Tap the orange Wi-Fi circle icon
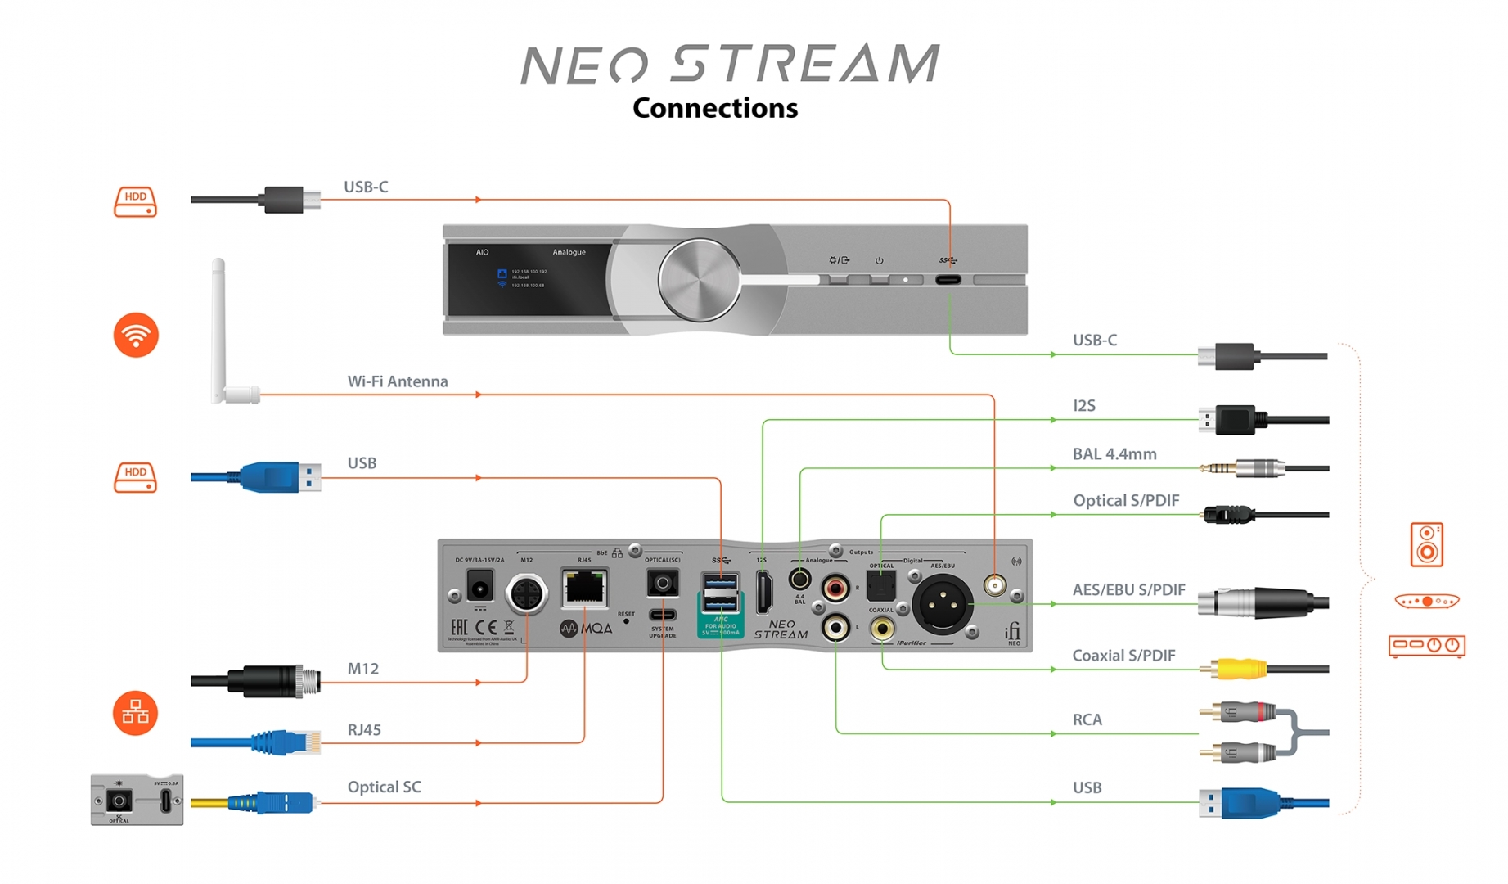136,335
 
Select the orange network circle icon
135,713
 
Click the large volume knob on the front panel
699,279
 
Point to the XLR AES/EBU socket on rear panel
943,604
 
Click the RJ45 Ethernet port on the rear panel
584,587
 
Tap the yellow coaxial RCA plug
1236,669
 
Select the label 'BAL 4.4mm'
1114,454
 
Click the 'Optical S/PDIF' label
1126,501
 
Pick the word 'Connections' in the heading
715,108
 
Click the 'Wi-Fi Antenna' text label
398,381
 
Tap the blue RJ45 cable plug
286,742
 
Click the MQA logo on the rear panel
586,629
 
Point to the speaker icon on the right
1426,544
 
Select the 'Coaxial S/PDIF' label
1123,656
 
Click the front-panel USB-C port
948,280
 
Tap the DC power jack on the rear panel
479,587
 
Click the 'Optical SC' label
384,787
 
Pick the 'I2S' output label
1084,406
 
